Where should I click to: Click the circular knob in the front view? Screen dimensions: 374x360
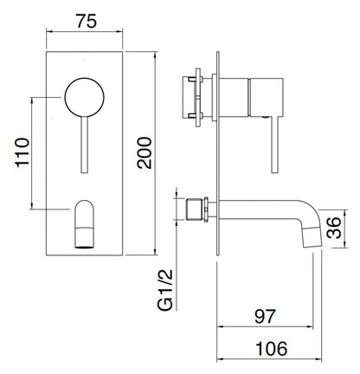(x=84, y=93)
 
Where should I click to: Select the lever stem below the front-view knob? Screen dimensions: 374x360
(x=84, y=139)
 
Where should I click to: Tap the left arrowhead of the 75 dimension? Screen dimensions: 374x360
(x=47, y=35)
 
